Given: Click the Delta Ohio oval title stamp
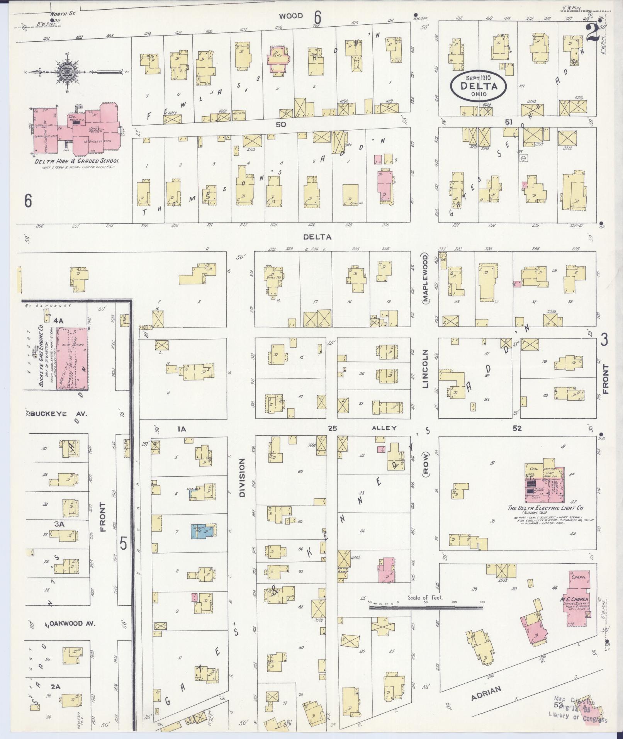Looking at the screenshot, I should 478,86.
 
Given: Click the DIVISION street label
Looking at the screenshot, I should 242,477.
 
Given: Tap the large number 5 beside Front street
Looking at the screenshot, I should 123,544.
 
